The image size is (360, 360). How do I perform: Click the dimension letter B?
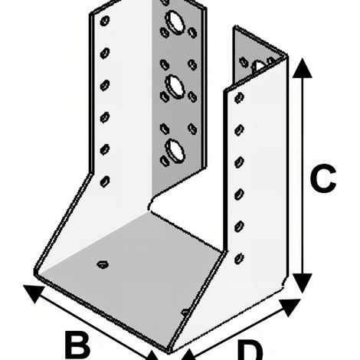[x=77, y=345]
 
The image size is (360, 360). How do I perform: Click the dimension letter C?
[x=322, y=178]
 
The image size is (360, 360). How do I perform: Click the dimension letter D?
[x=250, y=350]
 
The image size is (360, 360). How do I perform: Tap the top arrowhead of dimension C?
[x=303, y=68]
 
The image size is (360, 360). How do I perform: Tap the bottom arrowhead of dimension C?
[x=303, y=283]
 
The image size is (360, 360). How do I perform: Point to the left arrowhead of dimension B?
[x=34, y=293]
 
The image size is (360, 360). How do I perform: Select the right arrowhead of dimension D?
[x=290, y=307]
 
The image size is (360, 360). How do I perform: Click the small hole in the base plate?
[x=103, y=264]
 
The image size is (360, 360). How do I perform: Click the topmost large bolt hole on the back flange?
[x=175, y=22]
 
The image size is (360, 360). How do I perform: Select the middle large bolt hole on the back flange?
[x=175, y=87]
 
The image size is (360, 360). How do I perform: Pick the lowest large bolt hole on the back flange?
[x=175, y=151]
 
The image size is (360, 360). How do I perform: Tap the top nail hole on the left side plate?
[x=105, y=21]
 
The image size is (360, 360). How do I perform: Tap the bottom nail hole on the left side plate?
[x=105, y=182]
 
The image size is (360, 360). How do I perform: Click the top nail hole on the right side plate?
[x=239, y=98]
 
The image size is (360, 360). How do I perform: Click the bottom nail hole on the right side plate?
[x=239, y=259]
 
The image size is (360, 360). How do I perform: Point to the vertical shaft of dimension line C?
[x=303, y=175]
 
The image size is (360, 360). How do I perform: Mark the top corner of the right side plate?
[x=288, y=56]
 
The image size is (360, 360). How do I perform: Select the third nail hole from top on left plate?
[x=105, y=85]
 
